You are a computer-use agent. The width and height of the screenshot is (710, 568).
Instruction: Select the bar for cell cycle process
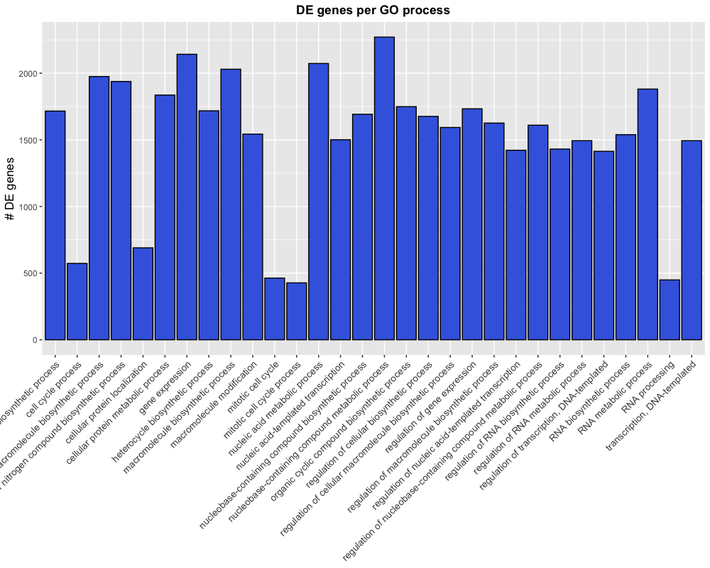pyautogui.click(x=77, y=302)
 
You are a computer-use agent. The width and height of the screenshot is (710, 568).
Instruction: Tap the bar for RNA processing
pyautogui.click(x=670, y=310)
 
